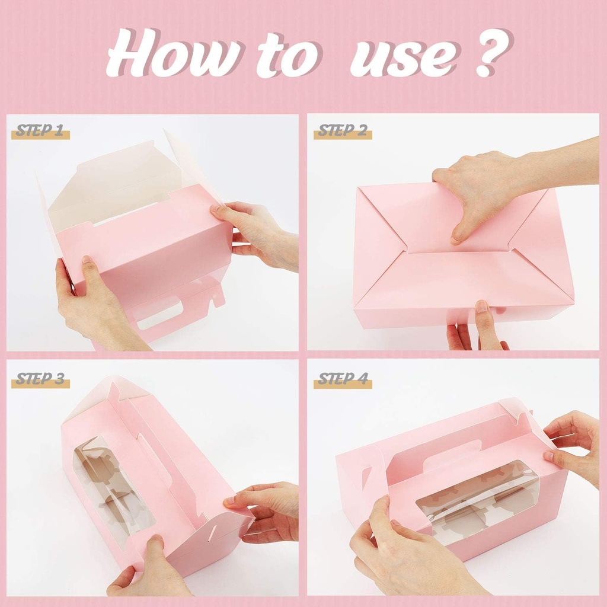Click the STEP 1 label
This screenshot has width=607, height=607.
pos(40,131)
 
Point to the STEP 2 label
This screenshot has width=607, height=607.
pos(343,131)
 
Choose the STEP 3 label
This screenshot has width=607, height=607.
pos(40,379)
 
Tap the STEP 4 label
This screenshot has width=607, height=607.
pos(343,379)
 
